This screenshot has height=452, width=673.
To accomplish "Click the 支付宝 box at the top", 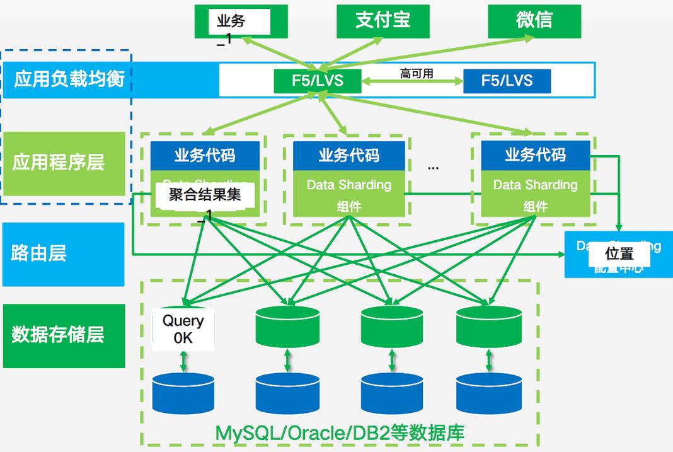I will click(x=383, y=21).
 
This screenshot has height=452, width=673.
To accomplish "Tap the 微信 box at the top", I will click(x=534, y=21).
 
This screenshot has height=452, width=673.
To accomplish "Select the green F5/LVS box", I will click(x=317, y=81).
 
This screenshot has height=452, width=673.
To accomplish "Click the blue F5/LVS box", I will click(x=507, y=81).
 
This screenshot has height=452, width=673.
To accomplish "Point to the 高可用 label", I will click(x=417, y=74).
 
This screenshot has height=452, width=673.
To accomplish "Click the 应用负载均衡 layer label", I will click(x=69, y=79).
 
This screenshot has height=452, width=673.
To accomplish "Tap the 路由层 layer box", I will click(x=63, y=254).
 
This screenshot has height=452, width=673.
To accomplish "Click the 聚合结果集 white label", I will click(x=205, y=195).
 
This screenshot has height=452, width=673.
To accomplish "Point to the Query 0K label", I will click(x=183, y=328).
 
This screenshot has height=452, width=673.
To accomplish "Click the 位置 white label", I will click(x=619, y=254).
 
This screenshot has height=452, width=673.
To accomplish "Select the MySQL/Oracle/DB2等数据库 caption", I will click(x=340, y=433).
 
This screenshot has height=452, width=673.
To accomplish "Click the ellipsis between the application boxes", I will click(x=433, y=167).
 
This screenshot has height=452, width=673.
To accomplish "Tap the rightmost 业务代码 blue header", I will click(x=535, y=156).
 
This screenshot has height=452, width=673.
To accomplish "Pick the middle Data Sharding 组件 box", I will click(x=348, y=194).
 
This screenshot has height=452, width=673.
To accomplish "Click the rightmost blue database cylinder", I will click(x=488, y=393).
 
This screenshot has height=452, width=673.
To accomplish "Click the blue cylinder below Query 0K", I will click(x=183, y=393).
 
